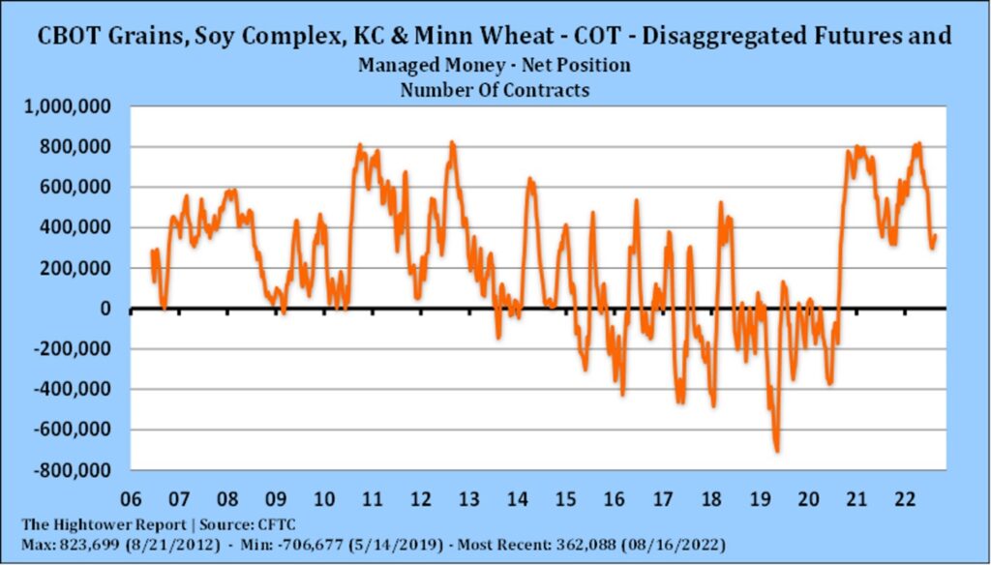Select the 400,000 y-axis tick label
point(80,228)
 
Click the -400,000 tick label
point(76,390)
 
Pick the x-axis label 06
point(131,501)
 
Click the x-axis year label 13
point(468,501)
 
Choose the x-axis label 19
point(759,501)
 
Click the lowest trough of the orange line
point(776,451)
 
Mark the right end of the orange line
point(935,235)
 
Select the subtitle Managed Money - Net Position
point(494,66)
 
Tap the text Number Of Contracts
point(494,89)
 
